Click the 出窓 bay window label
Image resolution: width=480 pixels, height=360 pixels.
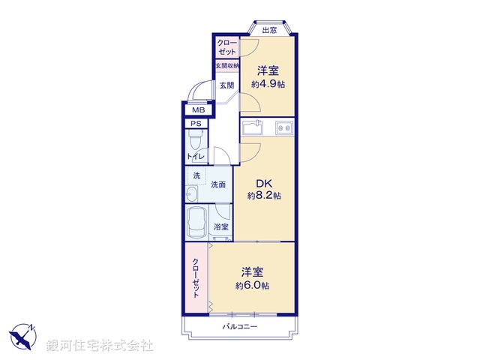[x=268, y=31]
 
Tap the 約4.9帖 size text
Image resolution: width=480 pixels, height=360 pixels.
[x=268, y=84]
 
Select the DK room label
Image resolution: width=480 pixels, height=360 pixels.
[x=264, y=182]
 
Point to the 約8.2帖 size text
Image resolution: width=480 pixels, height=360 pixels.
[x=264, y=196]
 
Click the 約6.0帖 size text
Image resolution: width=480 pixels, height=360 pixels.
[x=252, y=286]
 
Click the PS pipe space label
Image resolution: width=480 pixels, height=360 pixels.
[x=196, y=124]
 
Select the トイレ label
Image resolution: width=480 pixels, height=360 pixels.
[x=196, y=156]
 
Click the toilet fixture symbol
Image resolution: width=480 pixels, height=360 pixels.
[x=196, y=139]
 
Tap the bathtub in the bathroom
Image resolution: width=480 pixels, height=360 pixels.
[x=198, y=223]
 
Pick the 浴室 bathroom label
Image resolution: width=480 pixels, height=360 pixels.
[x=221, y=227]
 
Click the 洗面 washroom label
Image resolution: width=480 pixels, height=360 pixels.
[x=219, y=184]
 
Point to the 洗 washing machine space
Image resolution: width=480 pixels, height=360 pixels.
[x=197, y=175]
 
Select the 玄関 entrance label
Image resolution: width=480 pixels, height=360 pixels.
[x=226, y=85]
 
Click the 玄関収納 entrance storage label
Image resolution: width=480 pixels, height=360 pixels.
[x=226, y=67]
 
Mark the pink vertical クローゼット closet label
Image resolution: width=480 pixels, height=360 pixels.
[x=196, y=276]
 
